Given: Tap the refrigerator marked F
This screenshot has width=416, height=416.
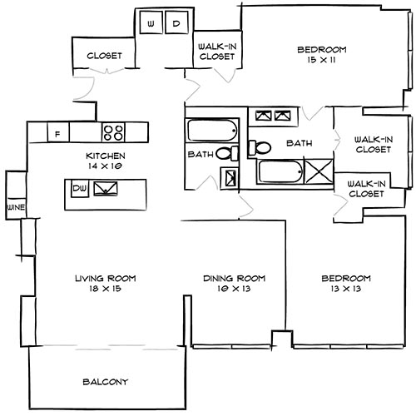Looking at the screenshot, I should coord(57,132).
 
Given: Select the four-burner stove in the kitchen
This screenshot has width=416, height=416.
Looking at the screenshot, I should coord(114,131).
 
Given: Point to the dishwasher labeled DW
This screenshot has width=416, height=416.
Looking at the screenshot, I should coord(79,190).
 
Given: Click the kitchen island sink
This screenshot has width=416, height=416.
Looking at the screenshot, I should coord(106,190).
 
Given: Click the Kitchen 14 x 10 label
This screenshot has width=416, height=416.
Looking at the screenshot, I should coord(105,161).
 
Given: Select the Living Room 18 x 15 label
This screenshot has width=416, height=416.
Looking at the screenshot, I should coord(105,283).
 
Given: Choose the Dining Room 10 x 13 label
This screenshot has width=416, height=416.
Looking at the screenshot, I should coord(234,283).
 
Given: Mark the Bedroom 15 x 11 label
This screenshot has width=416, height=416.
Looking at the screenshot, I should coord(321,56).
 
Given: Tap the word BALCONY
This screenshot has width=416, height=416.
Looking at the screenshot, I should coord(105,382).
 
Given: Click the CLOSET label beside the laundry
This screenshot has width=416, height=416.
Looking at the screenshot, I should coord(105,56).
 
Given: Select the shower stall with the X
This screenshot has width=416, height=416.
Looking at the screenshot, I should coord(318,172).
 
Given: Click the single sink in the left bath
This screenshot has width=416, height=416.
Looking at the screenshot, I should coord(230,177).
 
